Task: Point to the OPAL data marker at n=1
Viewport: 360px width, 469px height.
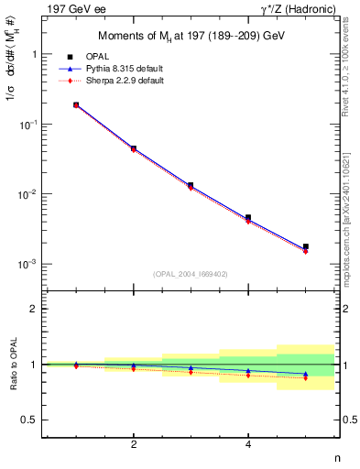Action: tap(76, 105)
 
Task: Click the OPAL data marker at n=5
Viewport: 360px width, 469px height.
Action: tap(305, 246)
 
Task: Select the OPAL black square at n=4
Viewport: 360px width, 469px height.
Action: tap(248, 218)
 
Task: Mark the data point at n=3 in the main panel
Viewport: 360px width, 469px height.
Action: tap(191, 185)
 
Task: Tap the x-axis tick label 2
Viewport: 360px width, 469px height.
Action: tap(134, 444)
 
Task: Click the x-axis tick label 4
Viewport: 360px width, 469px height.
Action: tap(248, 444)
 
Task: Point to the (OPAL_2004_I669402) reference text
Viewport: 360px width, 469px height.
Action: tap(191, 274)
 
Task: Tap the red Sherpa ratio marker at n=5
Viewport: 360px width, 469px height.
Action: tap(305, 377)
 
